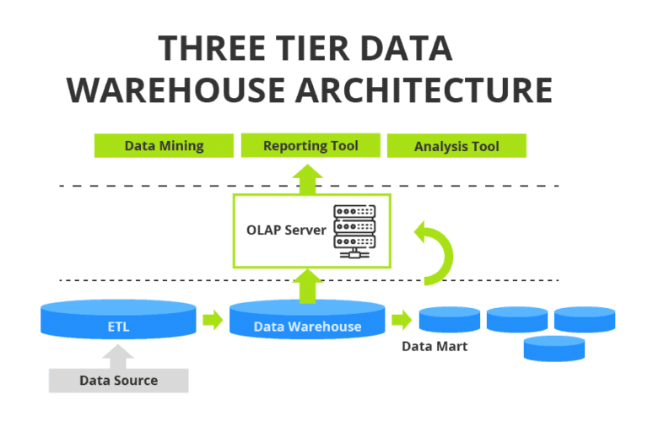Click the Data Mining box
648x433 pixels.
coord(164,145)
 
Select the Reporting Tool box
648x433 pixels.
coord(310,145)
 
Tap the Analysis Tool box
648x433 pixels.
coord(456,146)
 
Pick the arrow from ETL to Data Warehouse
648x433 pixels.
coord(212,321)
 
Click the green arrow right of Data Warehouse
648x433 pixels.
coord(402,321)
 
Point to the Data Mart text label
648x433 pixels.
coord(434,347)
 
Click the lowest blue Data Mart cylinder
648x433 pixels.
coord(553,348)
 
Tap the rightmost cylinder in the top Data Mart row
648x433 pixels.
coord(584,319)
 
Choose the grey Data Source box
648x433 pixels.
coord(118,380)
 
